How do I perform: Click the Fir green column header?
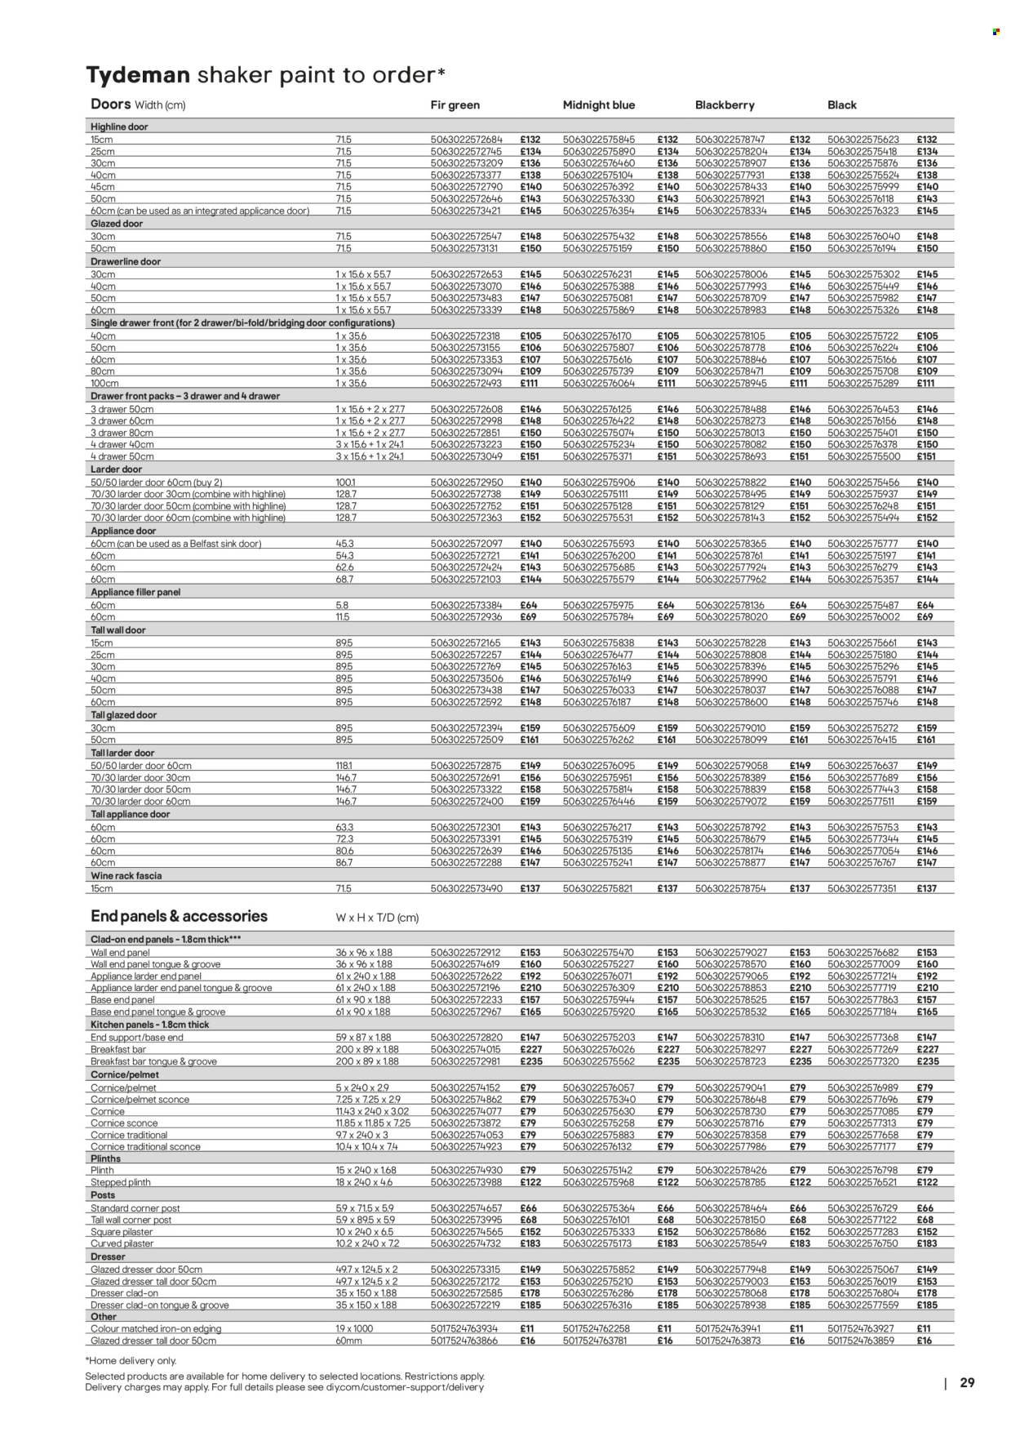[x=455, y=105]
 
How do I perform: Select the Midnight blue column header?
[x=598, y=105]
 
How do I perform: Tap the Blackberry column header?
[x=724, y=105]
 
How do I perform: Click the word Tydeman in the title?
[x=138, y=75]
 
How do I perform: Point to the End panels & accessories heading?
[x=179, y=916]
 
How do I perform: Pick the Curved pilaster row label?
[x=122, y=1243]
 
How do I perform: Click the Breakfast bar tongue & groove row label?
[x=153, y=1061]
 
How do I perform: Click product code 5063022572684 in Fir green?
[x=466, y=140]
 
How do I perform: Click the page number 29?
[x=967, y=1383]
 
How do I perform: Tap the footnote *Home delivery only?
[x=130, y=1361]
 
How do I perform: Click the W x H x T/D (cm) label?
[x=377, y=918]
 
